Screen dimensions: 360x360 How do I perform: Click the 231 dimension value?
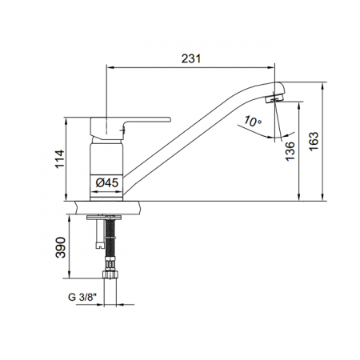tap(191, 58)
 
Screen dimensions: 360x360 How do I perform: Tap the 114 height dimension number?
tap(60, 159)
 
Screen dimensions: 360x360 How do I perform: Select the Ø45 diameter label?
tap(106, 183)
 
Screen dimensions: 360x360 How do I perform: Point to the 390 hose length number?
tap(61, 247)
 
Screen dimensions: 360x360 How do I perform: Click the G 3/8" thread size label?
tap(82, 297)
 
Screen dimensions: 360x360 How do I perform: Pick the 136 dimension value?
tap(290, 151)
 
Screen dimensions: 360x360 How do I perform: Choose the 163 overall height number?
tap(314, 142)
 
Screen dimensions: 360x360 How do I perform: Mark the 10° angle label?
tap(252, 122)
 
